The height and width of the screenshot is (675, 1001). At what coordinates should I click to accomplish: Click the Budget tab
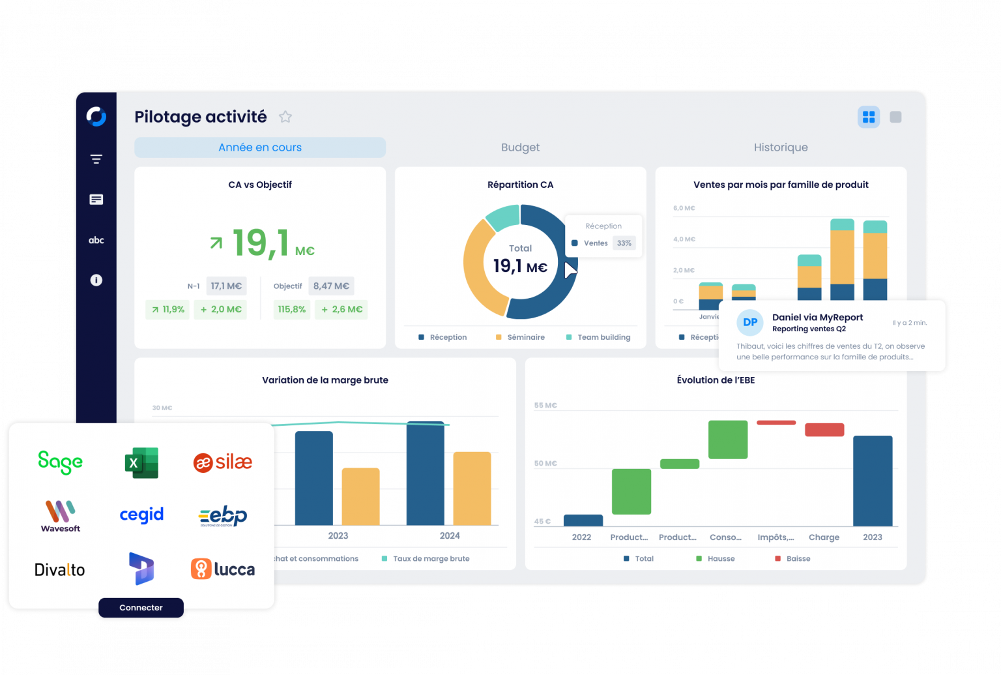click(x=520, y=147)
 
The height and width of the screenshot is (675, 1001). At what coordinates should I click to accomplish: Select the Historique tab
click(x=781, y=147)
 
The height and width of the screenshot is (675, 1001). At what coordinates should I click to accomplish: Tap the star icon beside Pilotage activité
click(x=285, y=117)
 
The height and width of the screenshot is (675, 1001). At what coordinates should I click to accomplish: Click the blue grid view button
click(x=869, y=117)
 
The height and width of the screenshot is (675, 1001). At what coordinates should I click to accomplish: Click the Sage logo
click(x=60, y=462)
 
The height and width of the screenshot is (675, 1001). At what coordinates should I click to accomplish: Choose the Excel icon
click(x=141, y=463)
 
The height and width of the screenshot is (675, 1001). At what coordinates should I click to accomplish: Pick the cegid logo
click(x=141, y=515)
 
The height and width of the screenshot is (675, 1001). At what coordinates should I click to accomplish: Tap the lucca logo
click(x=223, y=569)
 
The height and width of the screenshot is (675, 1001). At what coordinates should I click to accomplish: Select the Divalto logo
click(x=59, y=570)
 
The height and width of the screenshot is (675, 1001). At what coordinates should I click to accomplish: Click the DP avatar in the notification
click(x=750, y=322)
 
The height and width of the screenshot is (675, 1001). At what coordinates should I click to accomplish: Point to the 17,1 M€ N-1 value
click(x=226, y=286)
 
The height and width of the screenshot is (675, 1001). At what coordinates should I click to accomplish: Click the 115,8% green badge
click(x=292, y=309)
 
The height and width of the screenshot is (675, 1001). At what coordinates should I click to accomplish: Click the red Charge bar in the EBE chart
click(x=824, y=430)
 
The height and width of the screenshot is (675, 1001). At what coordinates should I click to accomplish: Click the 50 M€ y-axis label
click(x=545, y=464)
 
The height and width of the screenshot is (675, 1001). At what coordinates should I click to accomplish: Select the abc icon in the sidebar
click(x=96, y=240)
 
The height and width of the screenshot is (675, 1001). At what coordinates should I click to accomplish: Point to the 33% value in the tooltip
click(x=624, y=243)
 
